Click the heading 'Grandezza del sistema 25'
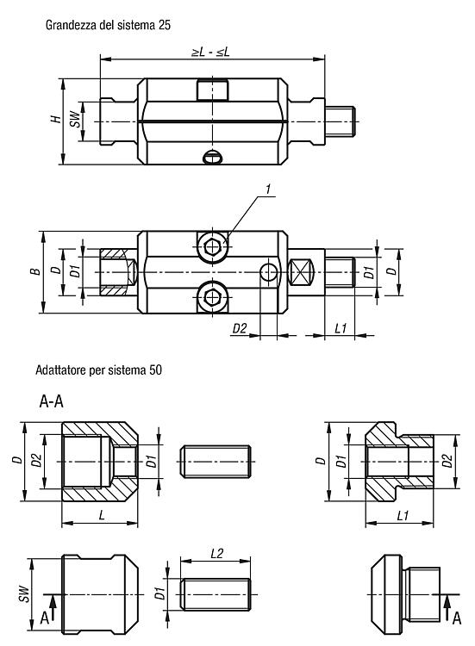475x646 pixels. point(108,25)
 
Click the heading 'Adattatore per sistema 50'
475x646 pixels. point(98,370)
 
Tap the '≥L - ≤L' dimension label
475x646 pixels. point(210,52)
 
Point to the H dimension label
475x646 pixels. point(56,120)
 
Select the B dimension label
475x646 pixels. point(36,271)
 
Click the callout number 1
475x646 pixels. point(268,189)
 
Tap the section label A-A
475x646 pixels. point(52,401)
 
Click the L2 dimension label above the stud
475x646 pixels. point(216,553)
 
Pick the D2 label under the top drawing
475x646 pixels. point(240,328)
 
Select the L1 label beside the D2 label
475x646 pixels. point(341,328)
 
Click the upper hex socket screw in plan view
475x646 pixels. point(212,247)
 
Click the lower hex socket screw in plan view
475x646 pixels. point(212,296)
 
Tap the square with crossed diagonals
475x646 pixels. point(301,272)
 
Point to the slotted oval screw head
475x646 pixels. point(213,158)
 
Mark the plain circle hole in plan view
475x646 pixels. point(269,272)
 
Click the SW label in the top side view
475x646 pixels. point(76,120)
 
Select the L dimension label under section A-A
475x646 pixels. point(102,515)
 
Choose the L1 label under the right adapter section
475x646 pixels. point(403,516)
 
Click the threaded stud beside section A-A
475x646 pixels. point(216,462)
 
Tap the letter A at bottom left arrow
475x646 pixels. point(45,618)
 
